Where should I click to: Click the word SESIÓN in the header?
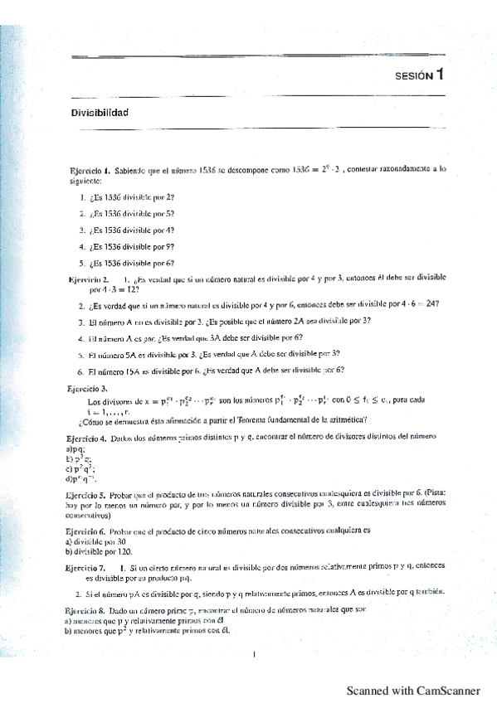(x=414, y=75)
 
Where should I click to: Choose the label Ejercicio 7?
(x=85, y=567)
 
